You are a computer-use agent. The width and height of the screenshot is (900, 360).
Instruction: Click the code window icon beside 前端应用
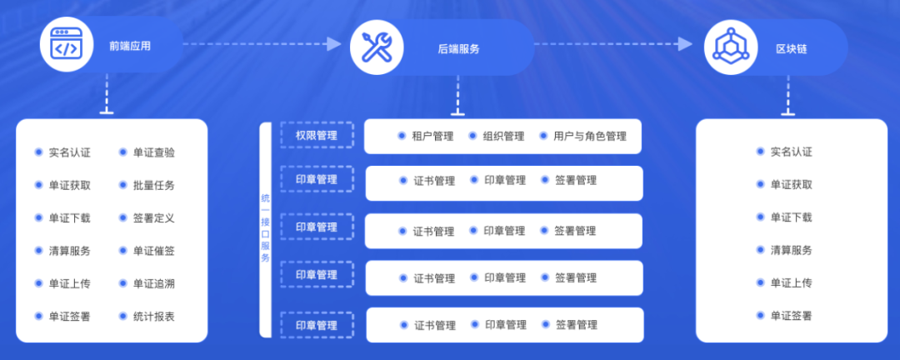coord(66,45)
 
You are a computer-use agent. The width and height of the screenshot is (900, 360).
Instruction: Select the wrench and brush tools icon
coord(377,47)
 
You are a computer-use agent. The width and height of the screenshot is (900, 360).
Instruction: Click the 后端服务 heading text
coord(458,49)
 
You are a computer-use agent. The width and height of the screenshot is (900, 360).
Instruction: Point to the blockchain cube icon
coord(731,47)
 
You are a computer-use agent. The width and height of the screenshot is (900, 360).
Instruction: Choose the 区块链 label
coord(791,49)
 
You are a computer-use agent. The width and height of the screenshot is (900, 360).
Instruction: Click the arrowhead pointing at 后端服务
coord(335,43)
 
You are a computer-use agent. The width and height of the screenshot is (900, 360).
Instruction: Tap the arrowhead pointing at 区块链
coord(685,43)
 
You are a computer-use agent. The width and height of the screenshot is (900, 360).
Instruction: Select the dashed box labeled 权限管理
coord(317,136)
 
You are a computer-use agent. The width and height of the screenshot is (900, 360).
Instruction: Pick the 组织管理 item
coord(504,137)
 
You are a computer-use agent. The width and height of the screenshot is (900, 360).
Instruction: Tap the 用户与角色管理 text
coord(590,137)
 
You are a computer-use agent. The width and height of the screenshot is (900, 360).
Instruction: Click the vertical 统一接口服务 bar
coord(265,230)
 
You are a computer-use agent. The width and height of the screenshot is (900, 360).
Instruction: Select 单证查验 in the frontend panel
coord(154,152)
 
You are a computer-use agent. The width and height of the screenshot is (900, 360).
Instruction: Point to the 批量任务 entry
coord(154,186)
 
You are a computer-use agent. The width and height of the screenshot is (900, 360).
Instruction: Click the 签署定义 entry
coord(154,218)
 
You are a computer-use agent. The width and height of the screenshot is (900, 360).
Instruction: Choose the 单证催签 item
coord(154,251)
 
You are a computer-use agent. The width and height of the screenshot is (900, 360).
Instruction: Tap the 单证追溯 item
coord(154,283)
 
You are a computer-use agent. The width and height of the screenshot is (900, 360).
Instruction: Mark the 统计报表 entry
coord(154,317)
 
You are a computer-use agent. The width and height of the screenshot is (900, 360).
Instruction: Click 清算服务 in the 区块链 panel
coord(792,250)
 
